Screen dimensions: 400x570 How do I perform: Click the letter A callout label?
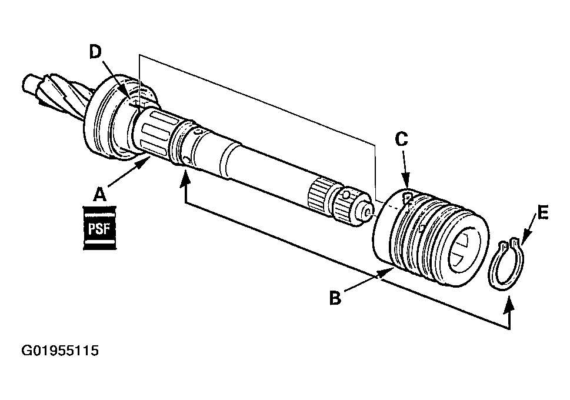tap(101, 193)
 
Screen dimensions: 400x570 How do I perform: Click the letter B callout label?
tap(335, 299)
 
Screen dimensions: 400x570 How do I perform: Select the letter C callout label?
tap(402, 139)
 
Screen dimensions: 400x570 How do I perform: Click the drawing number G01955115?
tap(60, 351)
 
